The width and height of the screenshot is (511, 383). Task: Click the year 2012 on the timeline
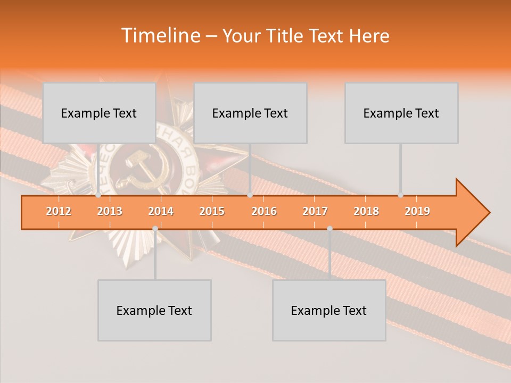pyautogui.click(x=59, y=211)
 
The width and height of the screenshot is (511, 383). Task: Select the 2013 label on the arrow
pyautogui.click(x=110, y=211)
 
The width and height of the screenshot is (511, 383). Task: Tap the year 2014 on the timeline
pyautogui.click(x=161, y=211)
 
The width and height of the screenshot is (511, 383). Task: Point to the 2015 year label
pyautogui.click(x=212, y=211)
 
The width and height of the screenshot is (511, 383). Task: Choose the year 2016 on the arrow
pyautogui.click(x=264, y=211)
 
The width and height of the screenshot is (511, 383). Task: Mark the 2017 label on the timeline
pyautogui.click(x=315, y=211)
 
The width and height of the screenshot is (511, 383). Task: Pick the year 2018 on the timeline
pyautogui.click(x=366, y=211)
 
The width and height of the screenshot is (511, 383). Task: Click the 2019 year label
pyautogui.click(x=417, y=211)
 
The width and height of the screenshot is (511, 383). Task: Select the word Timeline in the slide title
pyautogui.click(x=160, y=36)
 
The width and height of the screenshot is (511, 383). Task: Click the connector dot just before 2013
pyautogui.click(x=98, y=195)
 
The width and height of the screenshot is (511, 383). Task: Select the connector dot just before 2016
pyautogui.click(x=250, y=195)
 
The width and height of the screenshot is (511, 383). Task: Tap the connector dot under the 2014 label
pyautogui.click(x=155, y=228)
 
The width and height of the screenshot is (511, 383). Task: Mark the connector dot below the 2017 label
pyautogui.click(x=329, y=228)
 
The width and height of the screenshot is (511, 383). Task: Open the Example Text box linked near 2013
pyautogui.click(x=99, y=113)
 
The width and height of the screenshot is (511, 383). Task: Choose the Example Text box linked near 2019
pyautogui.click(x=401, y=113)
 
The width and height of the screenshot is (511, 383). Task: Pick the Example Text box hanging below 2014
pyautogui.click(x=154, y=310)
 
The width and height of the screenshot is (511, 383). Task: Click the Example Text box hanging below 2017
pyautogui.click(x=329, y=310)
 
